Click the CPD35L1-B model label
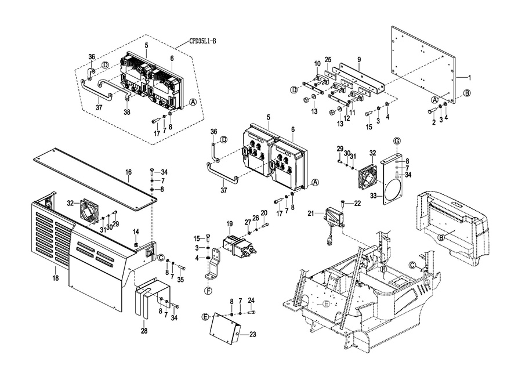coord(202,41)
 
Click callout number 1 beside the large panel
coord(470,77)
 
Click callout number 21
coord(311,214)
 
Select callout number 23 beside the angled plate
coord(253,334)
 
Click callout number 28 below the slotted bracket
coord(144,331)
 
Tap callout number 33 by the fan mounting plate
coord(374,196)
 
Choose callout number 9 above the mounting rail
coord(359,59)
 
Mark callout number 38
coord(126,113)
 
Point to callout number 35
coord(180,280)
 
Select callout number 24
coord(251,300)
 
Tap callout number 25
coord(328,60)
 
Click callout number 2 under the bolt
coord(433,122)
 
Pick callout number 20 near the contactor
coord(264,213)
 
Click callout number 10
coord(317,63)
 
